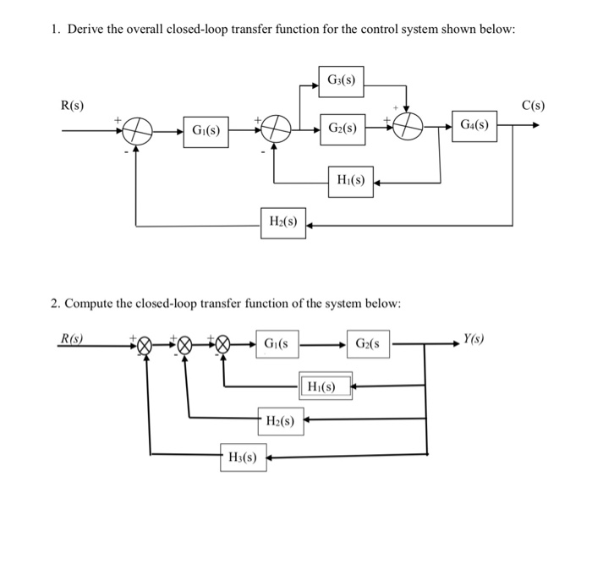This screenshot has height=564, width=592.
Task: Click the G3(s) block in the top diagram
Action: (341, 81)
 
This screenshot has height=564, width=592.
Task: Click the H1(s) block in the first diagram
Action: (350, 182)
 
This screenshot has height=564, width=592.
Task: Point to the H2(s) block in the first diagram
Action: (282, 223)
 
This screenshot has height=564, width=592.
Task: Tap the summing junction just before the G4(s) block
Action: (408, 129)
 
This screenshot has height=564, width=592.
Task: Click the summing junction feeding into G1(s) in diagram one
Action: (137, 132)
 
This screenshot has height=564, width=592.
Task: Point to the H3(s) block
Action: (243, 457)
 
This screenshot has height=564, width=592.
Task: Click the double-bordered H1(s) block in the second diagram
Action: (323, 387)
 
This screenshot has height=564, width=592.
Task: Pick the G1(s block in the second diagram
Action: (276, 345)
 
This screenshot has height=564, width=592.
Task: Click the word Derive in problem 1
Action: (87, 30)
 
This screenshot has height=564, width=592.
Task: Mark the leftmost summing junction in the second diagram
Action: (146, 346)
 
